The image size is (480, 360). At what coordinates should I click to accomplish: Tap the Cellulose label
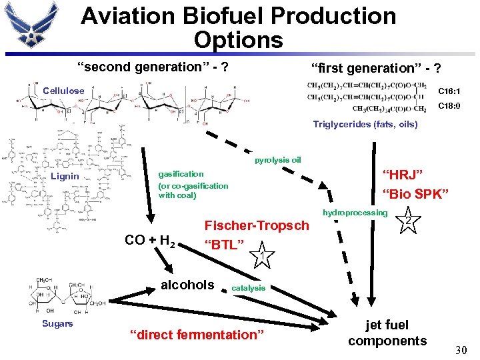point(63,91)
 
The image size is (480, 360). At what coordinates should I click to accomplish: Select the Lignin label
point(65,176)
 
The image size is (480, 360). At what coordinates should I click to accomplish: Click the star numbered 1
point(263,254)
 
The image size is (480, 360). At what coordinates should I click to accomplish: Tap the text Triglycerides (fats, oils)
point(365,124)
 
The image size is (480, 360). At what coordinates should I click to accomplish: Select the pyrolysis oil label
point(277,160)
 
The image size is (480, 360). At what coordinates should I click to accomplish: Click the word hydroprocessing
point(355,213)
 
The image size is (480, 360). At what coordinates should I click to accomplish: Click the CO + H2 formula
point(150,240)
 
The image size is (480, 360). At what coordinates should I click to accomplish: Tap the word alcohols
point(188,285)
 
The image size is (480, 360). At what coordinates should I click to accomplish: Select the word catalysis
point(248,288)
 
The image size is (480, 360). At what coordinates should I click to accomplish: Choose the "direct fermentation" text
point(197,335)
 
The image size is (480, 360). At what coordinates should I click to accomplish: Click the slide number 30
point(460,349)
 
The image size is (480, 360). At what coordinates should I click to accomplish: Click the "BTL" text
point(224,245)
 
